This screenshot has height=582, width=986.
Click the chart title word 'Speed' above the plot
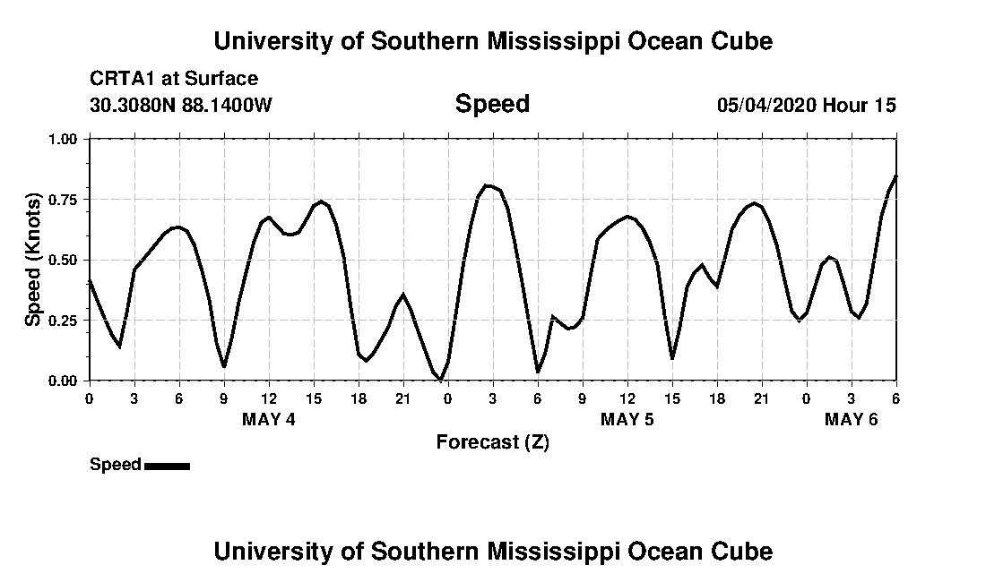click(x=492, y=104)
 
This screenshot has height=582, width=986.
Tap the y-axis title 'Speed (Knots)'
click(x=33, y=259)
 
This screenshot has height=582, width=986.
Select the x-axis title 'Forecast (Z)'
click(x=492, y=441)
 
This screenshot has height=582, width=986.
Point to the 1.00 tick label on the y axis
click(x=64, y=139)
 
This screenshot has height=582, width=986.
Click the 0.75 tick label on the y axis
click(x=64, y=200)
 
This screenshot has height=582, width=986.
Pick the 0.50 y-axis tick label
click(x=64, y=260)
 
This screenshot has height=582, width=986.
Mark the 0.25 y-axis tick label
click(x=64, y=321)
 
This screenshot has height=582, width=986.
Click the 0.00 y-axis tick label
click(x=64, y=381)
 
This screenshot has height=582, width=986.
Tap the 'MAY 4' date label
click(x=269, y=419)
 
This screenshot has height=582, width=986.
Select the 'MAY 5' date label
click(x=627, y=419)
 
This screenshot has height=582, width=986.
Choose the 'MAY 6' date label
click(x=852, y=419)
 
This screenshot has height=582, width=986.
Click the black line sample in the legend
click(x=167, y=466)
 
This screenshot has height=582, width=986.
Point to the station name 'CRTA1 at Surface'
click(x=174, y=79)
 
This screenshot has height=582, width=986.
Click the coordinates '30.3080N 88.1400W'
click(x=181, y=105)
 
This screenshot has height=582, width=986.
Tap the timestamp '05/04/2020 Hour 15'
click(x=806, y=105)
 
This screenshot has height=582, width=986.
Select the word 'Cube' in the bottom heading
click(x=739, y=551)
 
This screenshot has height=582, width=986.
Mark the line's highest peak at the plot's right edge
click(x=895, y=175)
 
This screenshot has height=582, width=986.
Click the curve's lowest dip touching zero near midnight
click(x=440, y=381)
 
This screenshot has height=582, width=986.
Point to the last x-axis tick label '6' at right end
click(x=895, y=398)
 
